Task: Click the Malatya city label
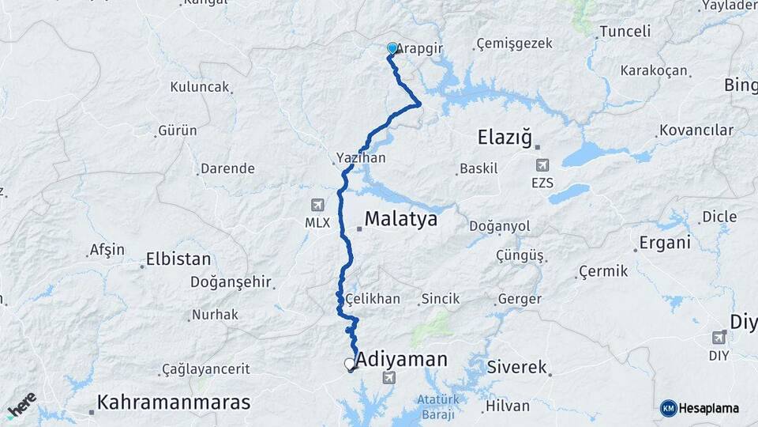click(400, 219)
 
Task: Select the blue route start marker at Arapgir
click(392, 49)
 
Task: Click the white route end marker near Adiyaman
click(350, 364)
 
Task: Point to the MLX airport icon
click(317, 204)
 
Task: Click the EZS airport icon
click(542, 165)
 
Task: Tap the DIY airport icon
click(719, 337)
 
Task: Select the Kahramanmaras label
click(173, 402)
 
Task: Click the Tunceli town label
click(625, 32)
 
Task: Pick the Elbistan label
click(178, 259)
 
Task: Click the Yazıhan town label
click(361, 158)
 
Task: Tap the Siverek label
click(517, 367)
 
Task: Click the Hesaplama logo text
click(708, 408)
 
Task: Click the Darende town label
click(227, 168)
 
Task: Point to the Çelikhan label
click(373, 300)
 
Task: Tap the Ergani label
click(666, 243)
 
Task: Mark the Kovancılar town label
click(696, 130)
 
